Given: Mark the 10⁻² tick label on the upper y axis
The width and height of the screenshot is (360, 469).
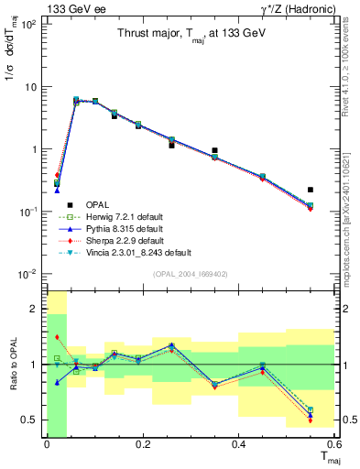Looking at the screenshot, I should point(27,274).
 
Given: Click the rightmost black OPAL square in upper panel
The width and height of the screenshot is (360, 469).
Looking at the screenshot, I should point(311,190).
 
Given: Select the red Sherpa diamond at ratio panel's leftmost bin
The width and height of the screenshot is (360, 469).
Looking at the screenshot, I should point(57,338).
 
